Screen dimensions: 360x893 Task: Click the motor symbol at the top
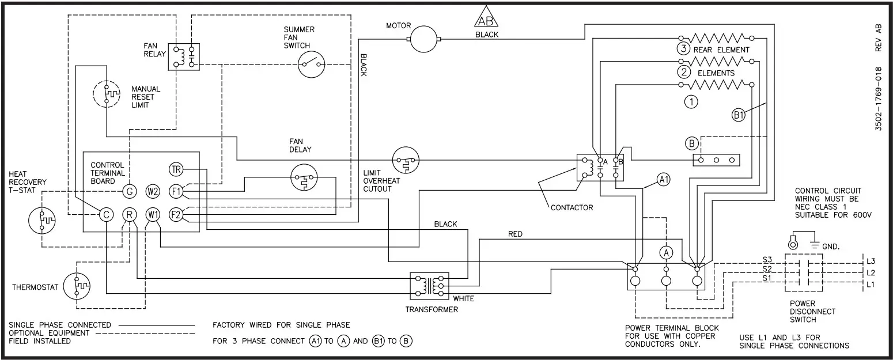pyautogui.click(x=424, y=39)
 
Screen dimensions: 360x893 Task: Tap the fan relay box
pyautogui.click(x=184, y=56)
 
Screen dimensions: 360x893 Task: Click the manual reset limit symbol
pyautogui.click(x=107, y=92)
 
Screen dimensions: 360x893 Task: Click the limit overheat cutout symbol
pyautogui.click(x=405, y=160)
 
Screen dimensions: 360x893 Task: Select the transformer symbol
pyautogui.click(x=429, y=285)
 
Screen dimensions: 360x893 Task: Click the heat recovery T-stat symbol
pyautogui.click(x=42, y=221)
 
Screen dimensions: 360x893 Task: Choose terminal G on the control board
pyautogui.click(x=130, y=191)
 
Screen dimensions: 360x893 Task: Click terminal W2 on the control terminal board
pyautogui.click(x=153, y=191)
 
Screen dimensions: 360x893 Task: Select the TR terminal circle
pyautogui.click(x=176, y=169)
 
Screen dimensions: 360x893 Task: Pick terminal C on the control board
pyautogui.click(x=106, y=214)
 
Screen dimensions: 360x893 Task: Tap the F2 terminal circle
pyautogui.click(x=176, y=214)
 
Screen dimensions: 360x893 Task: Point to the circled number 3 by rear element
pyautogui.click(x=683, y=50)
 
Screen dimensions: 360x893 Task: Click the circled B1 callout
pyautogui.click(x=739, y=115)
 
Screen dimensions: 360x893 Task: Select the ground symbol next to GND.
pyautogui.click(x=813, y=244)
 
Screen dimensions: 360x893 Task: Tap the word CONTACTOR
pyautogui.click(x=572, y=207)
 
